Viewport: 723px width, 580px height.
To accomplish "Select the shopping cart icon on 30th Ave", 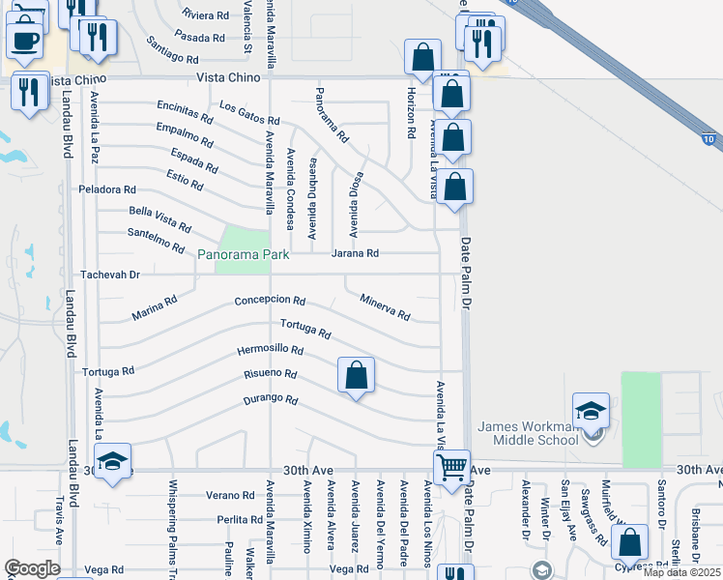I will (451, 470).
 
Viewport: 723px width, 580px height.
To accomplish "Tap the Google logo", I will (32, 567).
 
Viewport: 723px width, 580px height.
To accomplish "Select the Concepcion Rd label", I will (270, 301).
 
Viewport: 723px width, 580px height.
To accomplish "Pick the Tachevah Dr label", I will (110, 275).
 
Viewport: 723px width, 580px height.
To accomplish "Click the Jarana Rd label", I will (355, 253).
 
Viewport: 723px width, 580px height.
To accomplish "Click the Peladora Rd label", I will (107, 189).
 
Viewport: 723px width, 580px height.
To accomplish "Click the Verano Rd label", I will (229, 495).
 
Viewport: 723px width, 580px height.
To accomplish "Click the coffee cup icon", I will (24, 41).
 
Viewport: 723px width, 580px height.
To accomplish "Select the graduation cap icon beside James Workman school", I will (591, 411).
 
